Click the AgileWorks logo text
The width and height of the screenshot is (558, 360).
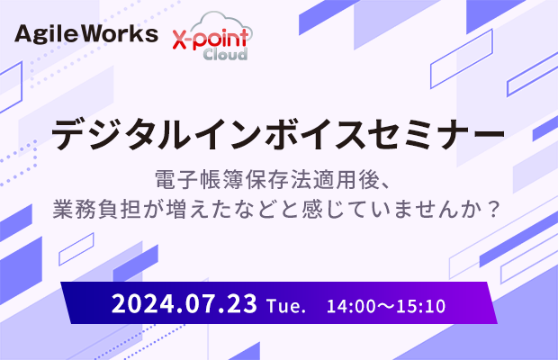[x=86, y=34]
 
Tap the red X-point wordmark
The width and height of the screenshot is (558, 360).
[x=211, y=40]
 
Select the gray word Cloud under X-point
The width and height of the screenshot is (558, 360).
[x=225, y=54]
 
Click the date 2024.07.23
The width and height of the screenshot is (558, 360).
[x=184, y=304]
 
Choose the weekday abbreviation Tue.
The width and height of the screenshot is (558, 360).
[x=286, y=306]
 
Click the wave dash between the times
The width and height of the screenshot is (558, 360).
[x=385, y=307]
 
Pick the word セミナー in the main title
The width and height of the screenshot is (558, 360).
[x=436, y=134]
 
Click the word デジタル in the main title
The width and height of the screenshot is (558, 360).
[x=121, y=134]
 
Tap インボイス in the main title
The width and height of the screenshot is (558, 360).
[x=278, y=134]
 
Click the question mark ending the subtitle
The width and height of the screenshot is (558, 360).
[x=493, y=210]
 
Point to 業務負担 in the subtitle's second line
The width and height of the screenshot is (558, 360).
[x=96, y=209]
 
